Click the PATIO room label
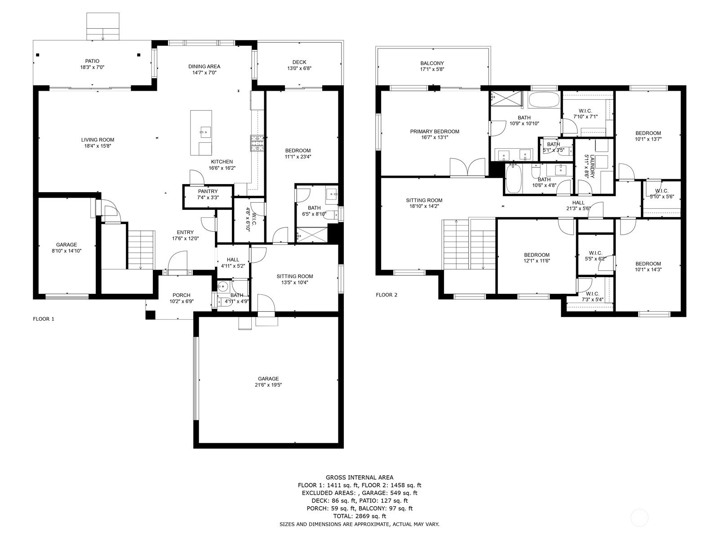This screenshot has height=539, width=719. [x=93, y=61]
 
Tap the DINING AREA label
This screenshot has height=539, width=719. [x=204, y=66]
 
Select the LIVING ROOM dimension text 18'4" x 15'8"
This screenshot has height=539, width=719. [x=98, y=146]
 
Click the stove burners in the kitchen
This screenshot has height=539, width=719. [x=257, y=143]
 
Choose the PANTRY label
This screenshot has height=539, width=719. [x=208, y=191]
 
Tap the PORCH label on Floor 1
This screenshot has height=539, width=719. [x=182, y=295]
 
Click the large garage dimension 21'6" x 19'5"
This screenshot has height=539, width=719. [x=268, y=385]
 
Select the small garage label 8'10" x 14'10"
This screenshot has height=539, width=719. [x=67, y=251]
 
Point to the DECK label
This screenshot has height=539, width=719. [x=299, y=62]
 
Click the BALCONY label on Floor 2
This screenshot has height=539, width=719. [x=432, y=63]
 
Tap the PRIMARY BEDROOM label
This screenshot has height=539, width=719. [x=435, y=132]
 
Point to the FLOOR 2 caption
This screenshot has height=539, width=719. [x=386, y=295]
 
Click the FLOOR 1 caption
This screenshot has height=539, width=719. [x=44, y=319]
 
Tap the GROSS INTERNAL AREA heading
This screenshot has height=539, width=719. [x=359, y=477]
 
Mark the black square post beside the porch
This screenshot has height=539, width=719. [x=151, y=315]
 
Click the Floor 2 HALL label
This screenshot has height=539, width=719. [x=578, y=203]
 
